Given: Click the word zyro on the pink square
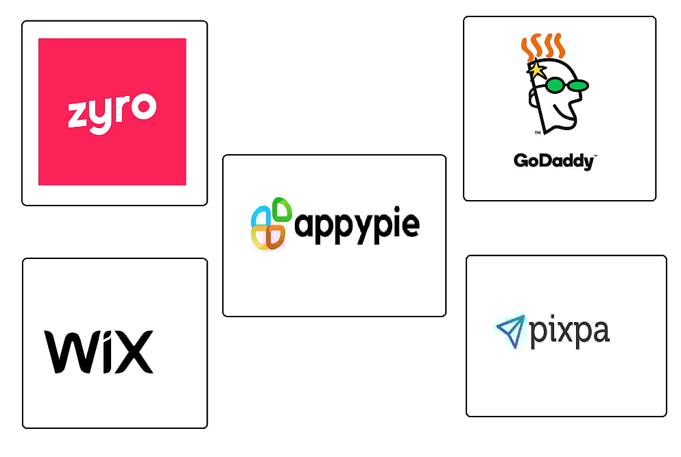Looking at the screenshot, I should pos(112,112).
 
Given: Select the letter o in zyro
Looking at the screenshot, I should pos(144,107).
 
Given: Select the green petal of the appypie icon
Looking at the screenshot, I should pos(282,209).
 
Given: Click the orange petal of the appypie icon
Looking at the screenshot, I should pos(276,236).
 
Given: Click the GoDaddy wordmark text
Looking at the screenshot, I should pos(554,161).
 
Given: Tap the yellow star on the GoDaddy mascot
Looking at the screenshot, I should pos(536,69).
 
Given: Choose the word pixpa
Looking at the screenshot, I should pos(569,332).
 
